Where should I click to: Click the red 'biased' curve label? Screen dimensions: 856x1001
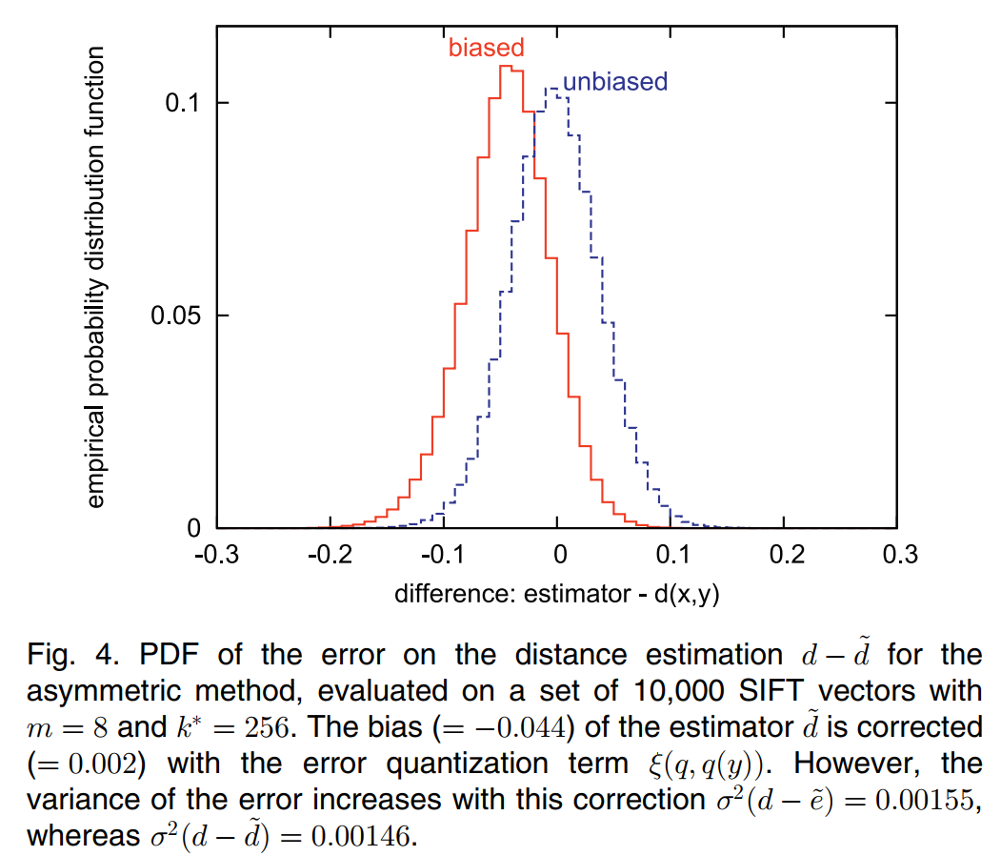pyautogui.click(x=486, y=48)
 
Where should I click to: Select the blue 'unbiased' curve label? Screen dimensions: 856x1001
pyautogui.click(x=614, y=82)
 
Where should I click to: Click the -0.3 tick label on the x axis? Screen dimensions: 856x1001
pyautogui.click(x=216, y=555)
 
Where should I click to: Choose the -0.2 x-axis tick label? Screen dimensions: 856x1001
pyautogui.click(x=330, y=555)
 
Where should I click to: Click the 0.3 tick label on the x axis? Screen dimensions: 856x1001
pyautogui.click(x=897, y=555)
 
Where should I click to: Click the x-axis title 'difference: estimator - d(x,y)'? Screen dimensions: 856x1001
pyautogui.click(x=556, y=593)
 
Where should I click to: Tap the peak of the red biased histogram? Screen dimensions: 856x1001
pyautogui.click(x=505, y=66)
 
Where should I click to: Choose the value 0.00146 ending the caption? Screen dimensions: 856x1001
pyautogui.click(x=365, y=837)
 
